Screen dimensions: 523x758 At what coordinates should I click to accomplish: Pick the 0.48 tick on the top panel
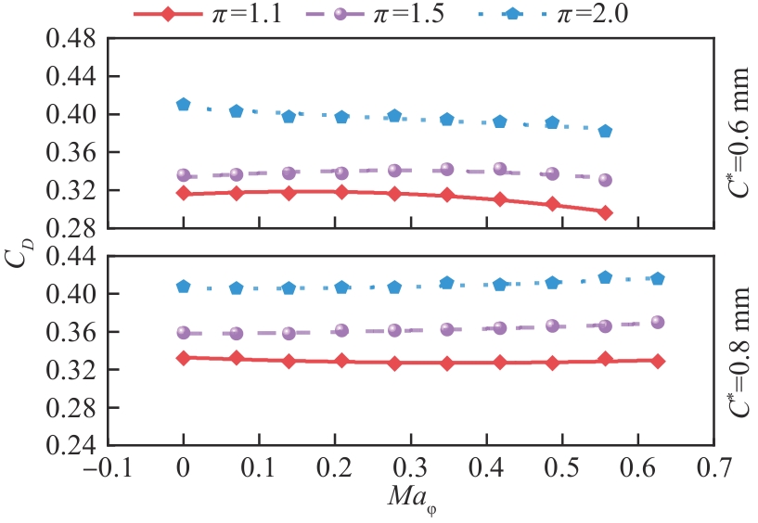[71, 40]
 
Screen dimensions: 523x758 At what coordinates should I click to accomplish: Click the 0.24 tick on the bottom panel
[71, 445]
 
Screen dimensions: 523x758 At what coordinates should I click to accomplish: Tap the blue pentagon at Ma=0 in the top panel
[184, 105]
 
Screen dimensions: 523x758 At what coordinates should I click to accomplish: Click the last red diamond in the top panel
[606, 212]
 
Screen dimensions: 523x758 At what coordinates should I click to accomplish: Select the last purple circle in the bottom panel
[658, 322]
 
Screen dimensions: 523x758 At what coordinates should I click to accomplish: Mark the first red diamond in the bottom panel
[184, 357]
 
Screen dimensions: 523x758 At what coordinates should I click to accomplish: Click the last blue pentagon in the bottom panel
[658, 278]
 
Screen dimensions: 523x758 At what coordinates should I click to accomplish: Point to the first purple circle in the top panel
[184, 175]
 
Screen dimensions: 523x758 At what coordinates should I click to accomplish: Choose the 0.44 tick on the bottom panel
[71, 256]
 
